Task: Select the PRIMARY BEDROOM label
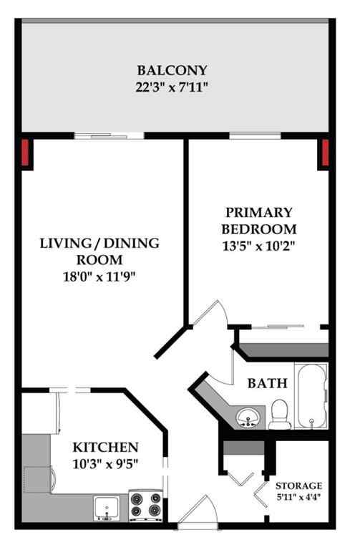click(x=258, y=221)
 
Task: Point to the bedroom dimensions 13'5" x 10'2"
click(x=258, y=246)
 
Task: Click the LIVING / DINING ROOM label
click(x=99, y=251)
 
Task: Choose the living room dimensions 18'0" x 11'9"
click(x=99, y=276)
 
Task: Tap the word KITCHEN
click(x=105, y=446)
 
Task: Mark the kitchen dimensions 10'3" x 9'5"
click(x=105, y=463)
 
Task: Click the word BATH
click(x=268, y=384)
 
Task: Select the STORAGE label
click(x=305, y=486)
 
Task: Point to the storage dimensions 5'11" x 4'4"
click(x=305, y=497)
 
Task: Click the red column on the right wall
click(x=323, y=153)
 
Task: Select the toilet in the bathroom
click(x=278, y=415)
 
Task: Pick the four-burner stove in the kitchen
click(x=146, y=503)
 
